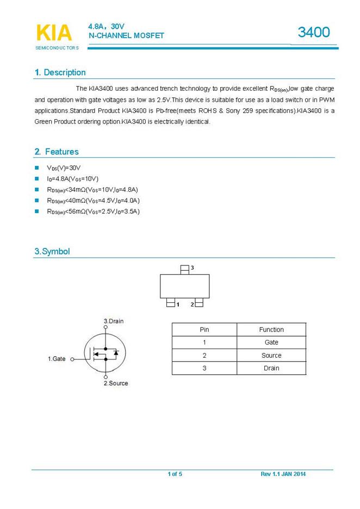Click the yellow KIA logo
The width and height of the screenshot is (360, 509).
[x=53, y=33]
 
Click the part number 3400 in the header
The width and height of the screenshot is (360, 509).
[x=314, y=33]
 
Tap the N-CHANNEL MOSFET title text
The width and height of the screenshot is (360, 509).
[x=126, y=36]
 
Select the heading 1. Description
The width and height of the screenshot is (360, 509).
[x=60, y=72]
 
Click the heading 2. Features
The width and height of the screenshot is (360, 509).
[x=57, y=152]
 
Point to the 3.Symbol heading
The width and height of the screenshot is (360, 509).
[x=52, y=252]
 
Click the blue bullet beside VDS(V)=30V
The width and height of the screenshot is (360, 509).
[x=37, y=168]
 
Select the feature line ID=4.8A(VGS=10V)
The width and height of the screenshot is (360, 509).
[x=73, y=179]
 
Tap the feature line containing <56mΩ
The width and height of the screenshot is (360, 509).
[x=93, y=212]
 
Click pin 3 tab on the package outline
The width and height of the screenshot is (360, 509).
[x=185, y=269]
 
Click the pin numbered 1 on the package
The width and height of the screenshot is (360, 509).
[x=170, y=303]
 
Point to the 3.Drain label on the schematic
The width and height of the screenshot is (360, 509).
[x=113, y=321]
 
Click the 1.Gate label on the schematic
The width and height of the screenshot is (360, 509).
[x=57, y=359]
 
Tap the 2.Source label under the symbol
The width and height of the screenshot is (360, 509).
[x=116, y=383]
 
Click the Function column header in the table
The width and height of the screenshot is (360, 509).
[x=271, y=330]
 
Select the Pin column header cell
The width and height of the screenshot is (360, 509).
[x=204, y=330]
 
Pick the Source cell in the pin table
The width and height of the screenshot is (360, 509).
[x=271, y=356]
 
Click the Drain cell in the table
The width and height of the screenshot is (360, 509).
[x=271, y=368]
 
